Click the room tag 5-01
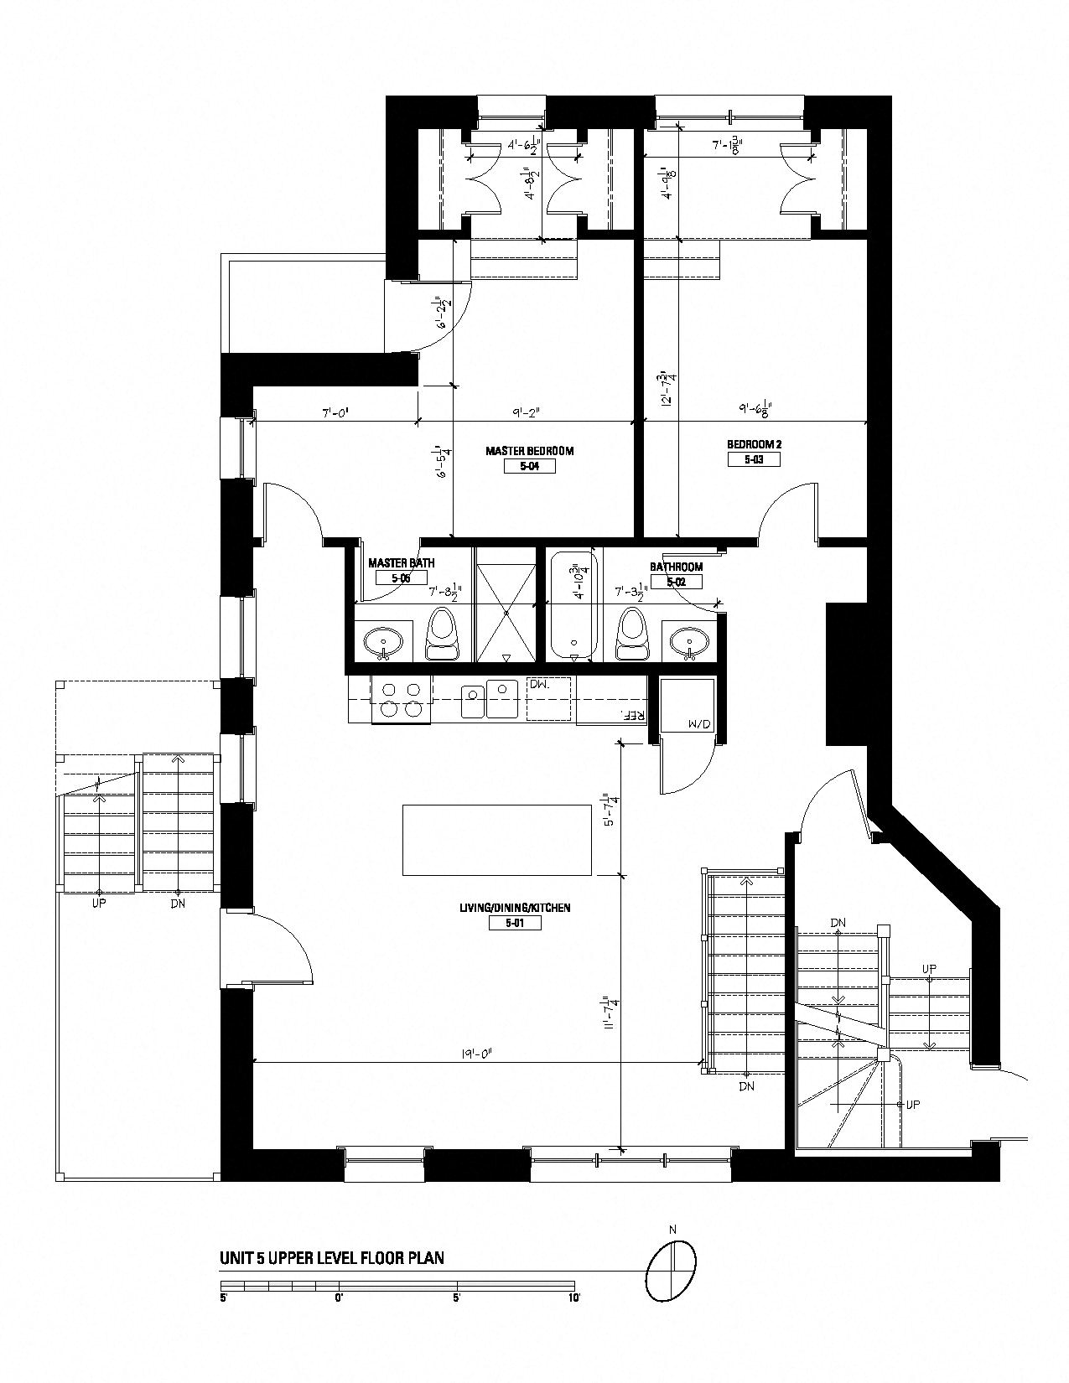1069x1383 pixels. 514,923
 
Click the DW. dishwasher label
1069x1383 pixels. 538,685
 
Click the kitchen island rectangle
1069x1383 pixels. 497,839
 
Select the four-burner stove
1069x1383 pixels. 400,700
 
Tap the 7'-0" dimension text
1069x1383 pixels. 335,412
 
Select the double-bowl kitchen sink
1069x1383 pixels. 489,699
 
